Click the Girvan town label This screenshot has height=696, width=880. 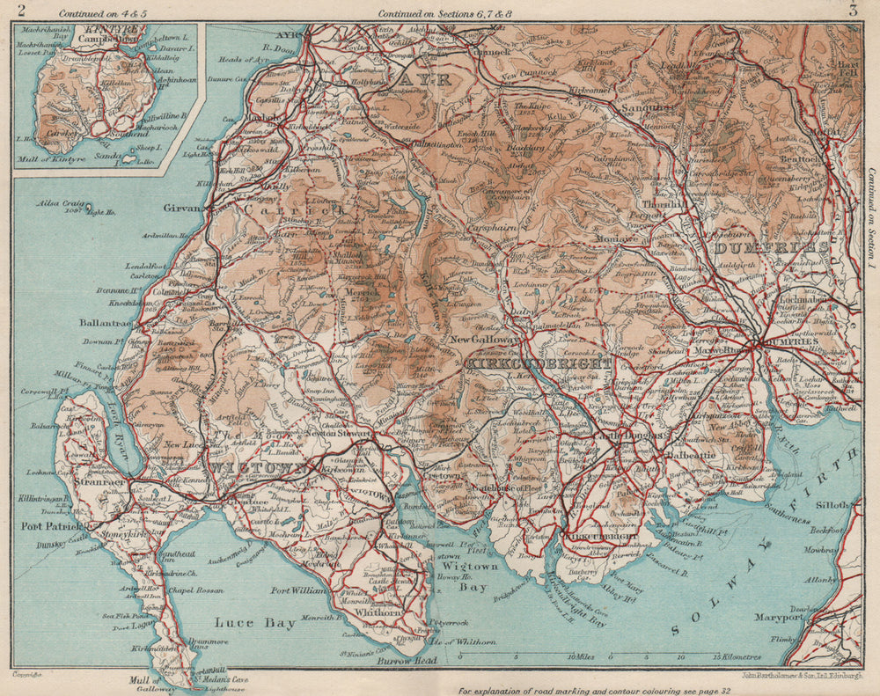click(x=182, y=209)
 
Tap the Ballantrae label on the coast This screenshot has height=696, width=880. click(x=103, y=323)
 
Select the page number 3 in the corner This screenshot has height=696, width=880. click(x=853, y=11)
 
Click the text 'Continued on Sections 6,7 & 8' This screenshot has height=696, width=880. click(x=437, y=13)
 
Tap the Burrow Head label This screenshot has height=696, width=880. click(x=401, y=659)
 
